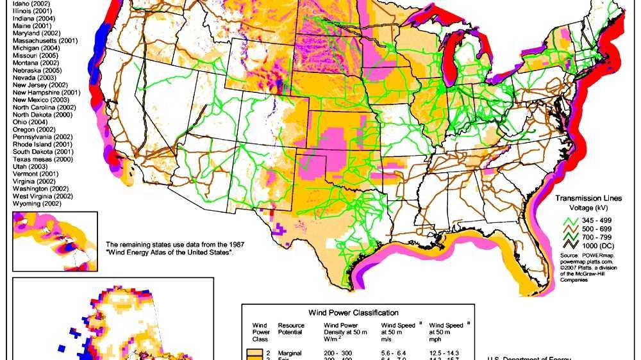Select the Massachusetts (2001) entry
coord(45,41)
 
